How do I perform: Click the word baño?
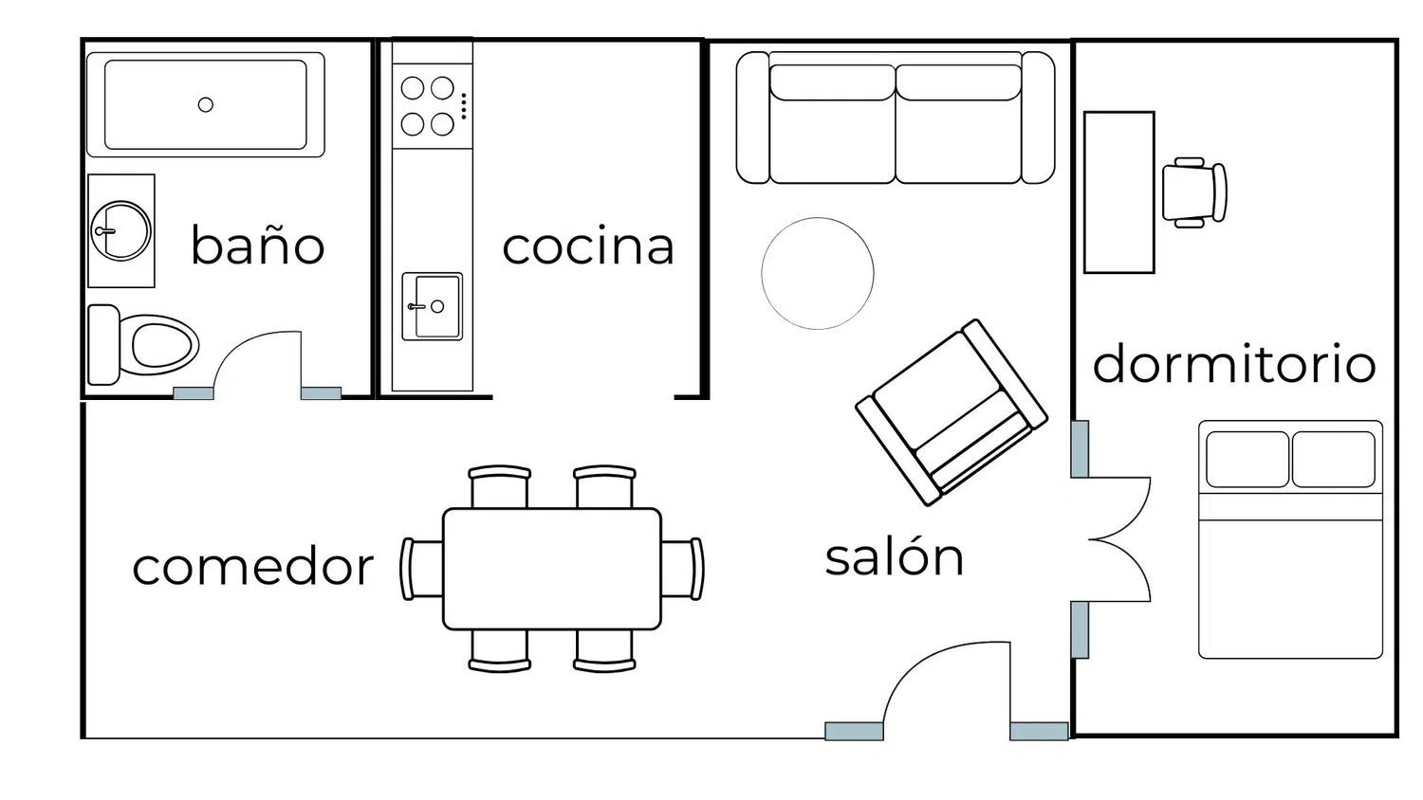coord(258,245)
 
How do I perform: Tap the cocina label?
coord(588,246)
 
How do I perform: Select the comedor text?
coord(253,567)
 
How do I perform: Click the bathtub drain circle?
coord(205,105)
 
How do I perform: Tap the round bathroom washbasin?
coord(120,231)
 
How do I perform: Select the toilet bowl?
coord(164,345)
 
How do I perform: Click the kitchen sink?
coord(432,307)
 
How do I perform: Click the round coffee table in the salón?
coord(818,274)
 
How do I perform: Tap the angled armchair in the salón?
coord(952,412)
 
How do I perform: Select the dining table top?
coord(552,569)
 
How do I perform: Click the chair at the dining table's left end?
coord(421,569)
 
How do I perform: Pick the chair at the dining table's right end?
coord(682,569)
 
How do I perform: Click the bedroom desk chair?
coord(1194,192)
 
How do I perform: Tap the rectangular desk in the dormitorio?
coord(1118,192)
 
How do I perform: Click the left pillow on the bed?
coord(1247,459)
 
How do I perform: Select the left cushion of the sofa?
coord(832,124)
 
